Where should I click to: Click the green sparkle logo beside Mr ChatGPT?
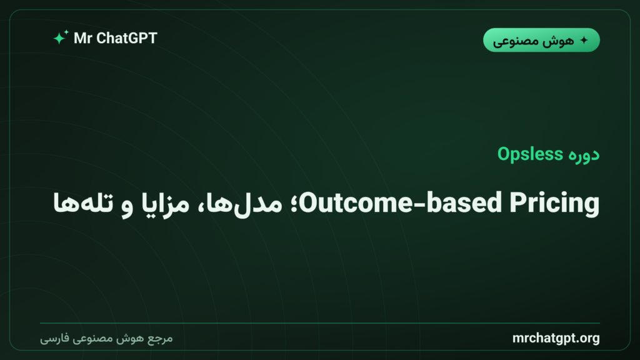(x=61, y=37)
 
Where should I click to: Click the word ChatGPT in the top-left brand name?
(x=126, y=38)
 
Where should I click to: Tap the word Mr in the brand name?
(x=83, y=38)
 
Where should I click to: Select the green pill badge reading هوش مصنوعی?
(x=541, y=40)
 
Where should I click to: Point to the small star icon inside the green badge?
(x=584, y=40)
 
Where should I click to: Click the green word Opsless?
(x=530, y=154)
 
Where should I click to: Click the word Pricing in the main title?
(x=555, y=203)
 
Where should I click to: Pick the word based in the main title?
(x=464, y=202)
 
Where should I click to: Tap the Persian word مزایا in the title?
(x=165, y=203)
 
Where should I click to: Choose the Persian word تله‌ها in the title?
(x=83, y=203)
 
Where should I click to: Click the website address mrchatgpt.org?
(x=556, y=338)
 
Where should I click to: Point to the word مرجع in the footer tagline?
(x=160, y=339)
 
